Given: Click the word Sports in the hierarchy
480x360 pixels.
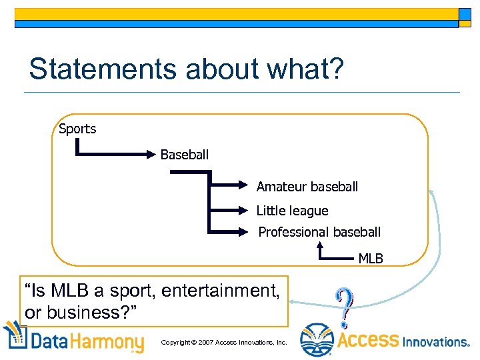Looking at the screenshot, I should [77, 129].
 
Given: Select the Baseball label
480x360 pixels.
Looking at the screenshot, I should [184, 154].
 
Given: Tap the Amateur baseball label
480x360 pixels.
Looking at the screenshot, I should [307, 187].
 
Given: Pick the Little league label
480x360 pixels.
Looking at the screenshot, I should [292, 211].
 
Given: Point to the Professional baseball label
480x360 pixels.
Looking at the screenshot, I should [319, 232].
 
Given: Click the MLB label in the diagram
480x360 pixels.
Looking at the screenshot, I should [371, 258].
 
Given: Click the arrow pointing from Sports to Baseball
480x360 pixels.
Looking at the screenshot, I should [113, 155].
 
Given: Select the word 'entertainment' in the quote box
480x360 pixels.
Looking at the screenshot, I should [227, 291].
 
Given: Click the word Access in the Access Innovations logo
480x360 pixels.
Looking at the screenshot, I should [368, 341].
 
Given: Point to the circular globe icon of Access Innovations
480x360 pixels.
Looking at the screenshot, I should [317, 340].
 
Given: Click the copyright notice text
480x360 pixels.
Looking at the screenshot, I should [224, 342].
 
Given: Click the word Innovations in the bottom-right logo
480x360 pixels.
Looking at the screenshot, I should [437, 341].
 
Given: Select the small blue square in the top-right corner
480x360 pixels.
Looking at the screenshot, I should [465, 15].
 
